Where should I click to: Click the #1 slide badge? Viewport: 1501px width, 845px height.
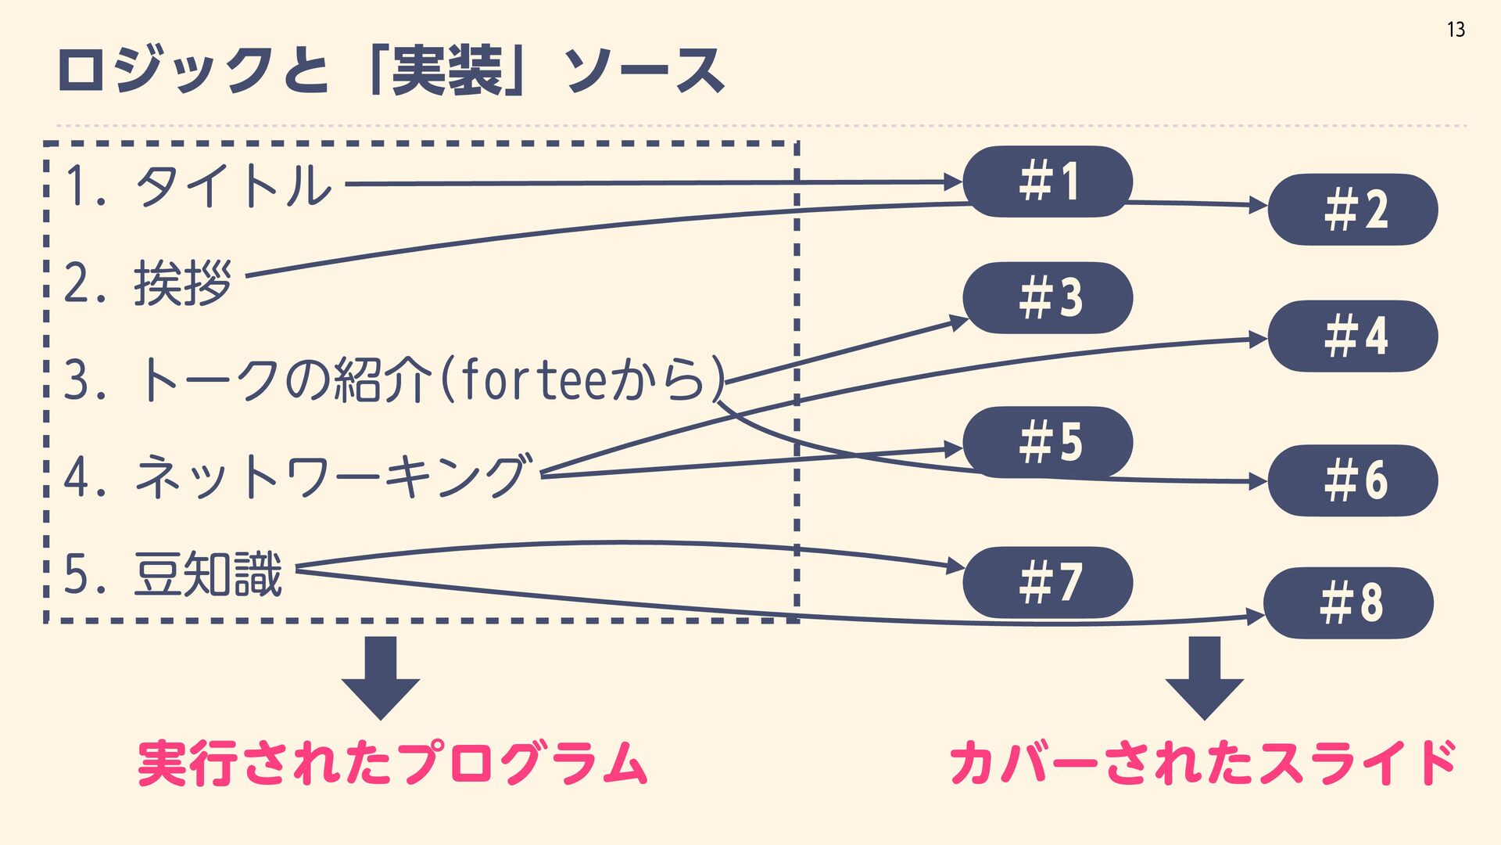[1048, 182]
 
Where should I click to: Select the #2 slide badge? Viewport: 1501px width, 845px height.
[1352, 210]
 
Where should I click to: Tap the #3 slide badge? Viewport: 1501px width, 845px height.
[1048, 297]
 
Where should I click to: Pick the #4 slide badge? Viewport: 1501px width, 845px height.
[1352, 336]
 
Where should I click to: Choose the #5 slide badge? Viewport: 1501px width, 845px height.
[1048, 442]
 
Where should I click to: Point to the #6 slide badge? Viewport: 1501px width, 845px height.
[1352, 480]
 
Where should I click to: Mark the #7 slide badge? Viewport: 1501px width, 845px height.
[1048, 582]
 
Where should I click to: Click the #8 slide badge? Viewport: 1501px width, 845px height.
[1349, 602]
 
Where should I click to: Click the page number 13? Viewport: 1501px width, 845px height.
[1456, 30]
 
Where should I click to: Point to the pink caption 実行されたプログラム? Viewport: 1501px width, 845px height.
[392, 763]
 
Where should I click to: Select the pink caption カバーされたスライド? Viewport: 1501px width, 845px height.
[1202, 763]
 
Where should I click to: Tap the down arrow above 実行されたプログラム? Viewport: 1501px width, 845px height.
[381, 677]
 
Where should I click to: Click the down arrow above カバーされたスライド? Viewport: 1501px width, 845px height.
[1204, 677]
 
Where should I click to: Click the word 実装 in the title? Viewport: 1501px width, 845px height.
[447, 70]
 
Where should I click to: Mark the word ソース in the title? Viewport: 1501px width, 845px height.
[644, 70]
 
